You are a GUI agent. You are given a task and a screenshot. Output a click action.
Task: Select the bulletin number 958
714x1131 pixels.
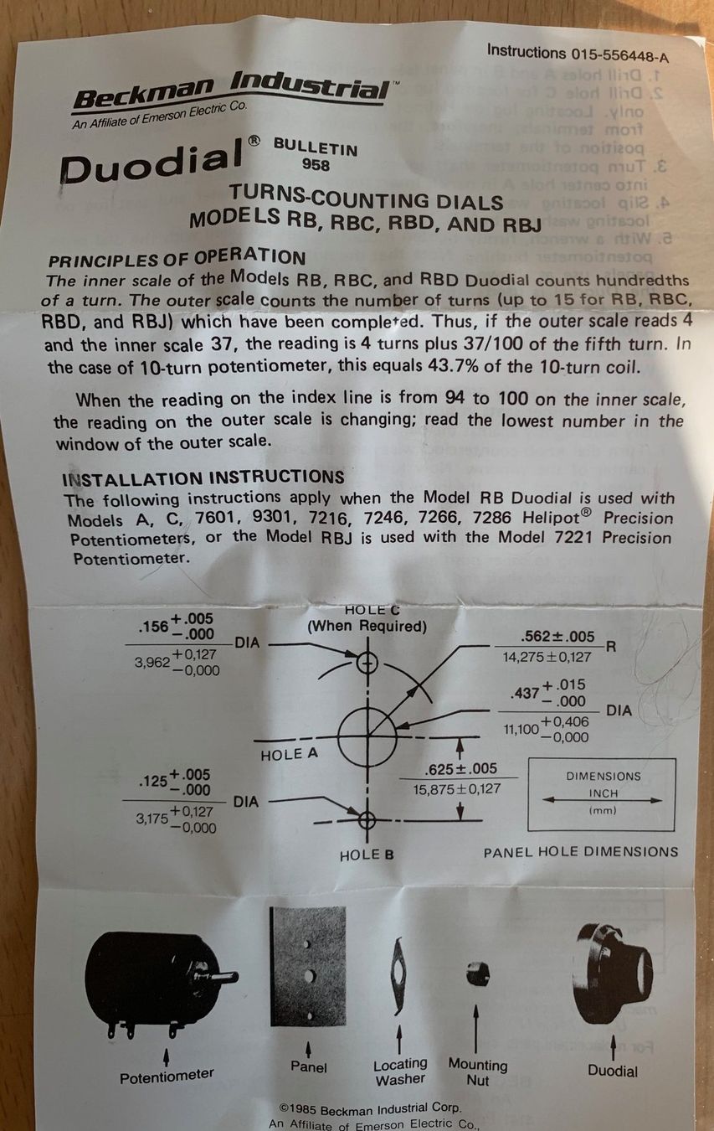316,164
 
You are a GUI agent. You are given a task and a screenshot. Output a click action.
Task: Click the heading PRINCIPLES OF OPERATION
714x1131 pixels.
177,259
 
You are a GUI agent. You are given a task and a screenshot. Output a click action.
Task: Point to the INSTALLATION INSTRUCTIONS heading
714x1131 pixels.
203,478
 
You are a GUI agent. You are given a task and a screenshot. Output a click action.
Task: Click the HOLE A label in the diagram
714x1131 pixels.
289,754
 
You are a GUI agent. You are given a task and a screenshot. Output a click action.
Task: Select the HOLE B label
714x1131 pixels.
367,855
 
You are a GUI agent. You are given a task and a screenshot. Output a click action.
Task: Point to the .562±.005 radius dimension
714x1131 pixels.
557,636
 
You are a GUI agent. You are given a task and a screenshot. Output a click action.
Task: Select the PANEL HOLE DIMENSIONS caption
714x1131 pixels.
581,853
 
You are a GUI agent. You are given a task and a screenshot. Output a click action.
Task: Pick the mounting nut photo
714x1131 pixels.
477,974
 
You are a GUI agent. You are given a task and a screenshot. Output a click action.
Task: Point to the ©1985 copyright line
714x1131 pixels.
370,1108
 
